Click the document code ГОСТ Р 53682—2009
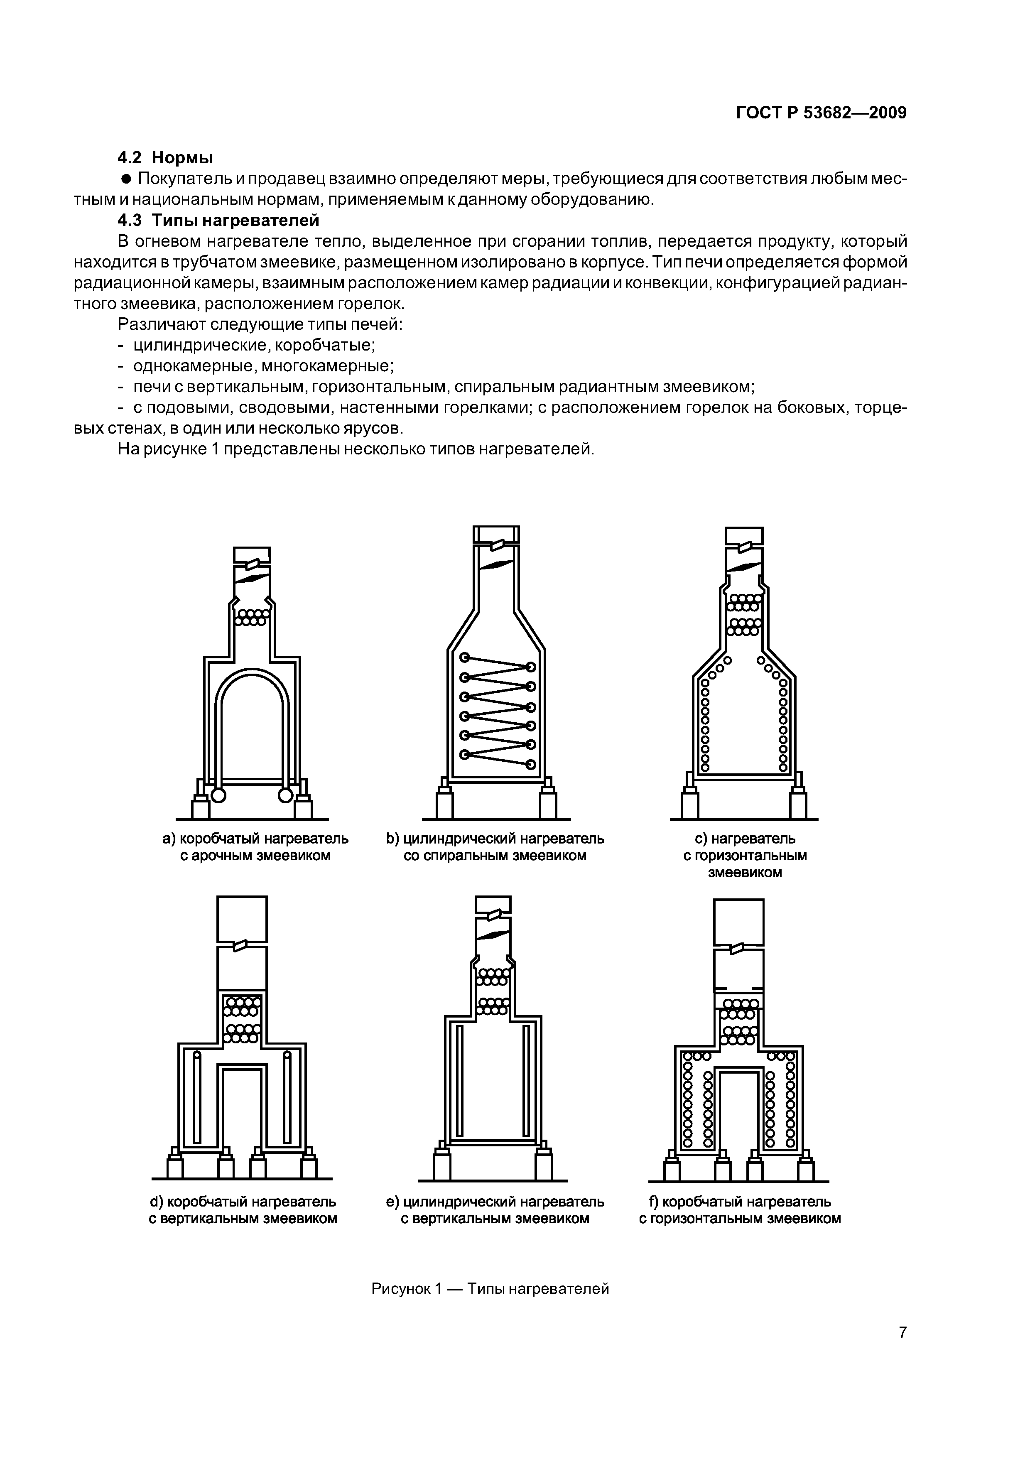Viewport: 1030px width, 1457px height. (821, 113)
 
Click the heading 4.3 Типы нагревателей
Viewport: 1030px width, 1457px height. (219, 220)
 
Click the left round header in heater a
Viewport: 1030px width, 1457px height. (218, 795)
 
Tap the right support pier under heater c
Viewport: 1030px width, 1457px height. (798, 803)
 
